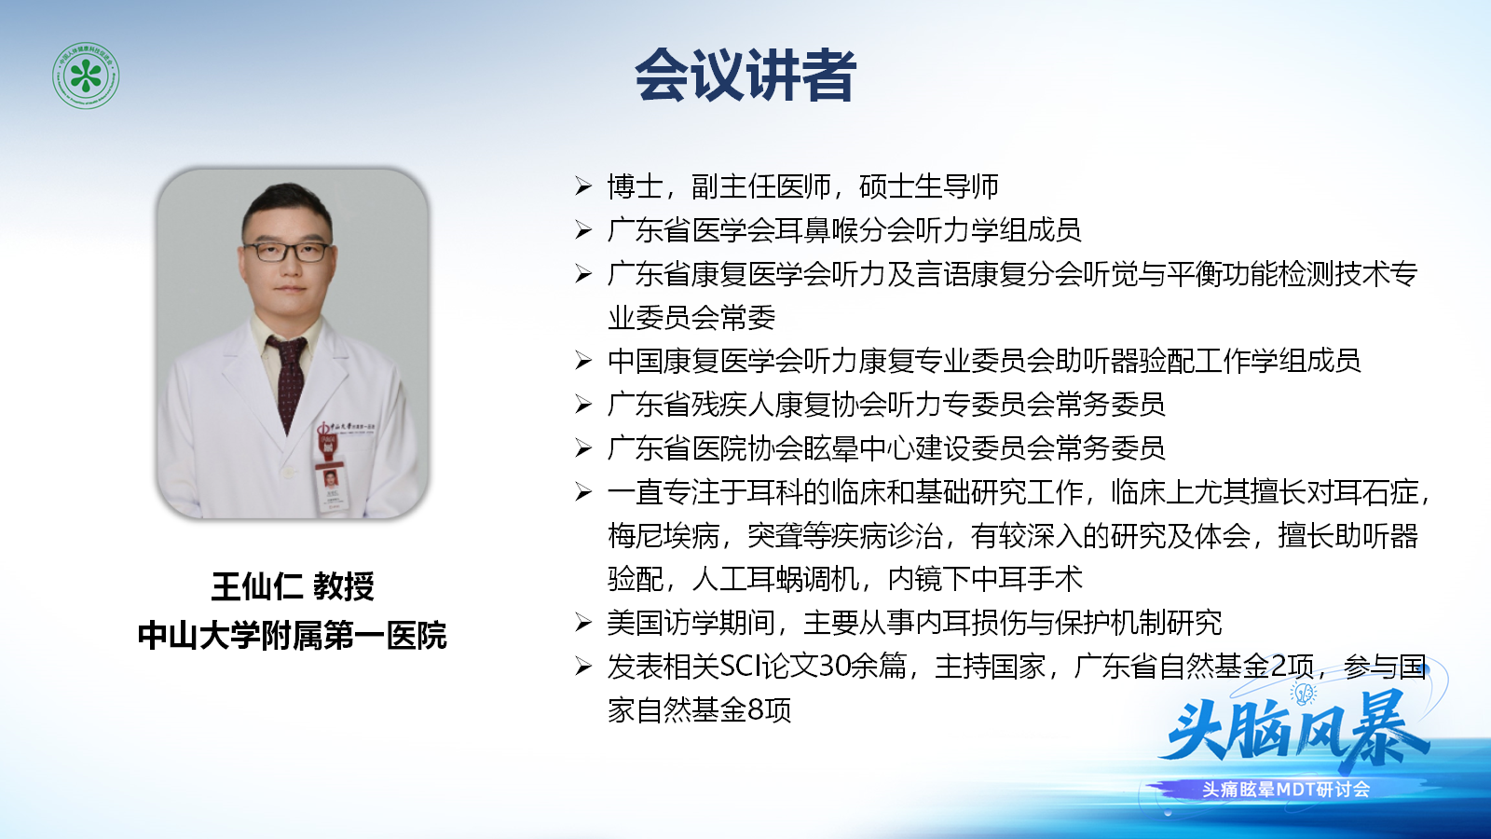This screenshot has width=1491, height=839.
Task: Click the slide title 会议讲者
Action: coord(745,75)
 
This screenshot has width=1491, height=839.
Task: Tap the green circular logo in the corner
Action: coord(86,76)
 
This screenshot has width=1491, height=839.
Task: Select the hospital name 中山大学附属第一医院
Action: coord(293,635)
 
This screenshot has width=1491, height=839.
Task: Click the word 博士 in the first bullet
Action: coord(635,186)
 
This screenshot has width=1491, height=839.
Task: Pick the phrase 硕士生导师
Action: coord(929,186)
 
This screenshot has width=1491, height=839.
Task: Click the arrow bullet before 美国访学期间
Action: coord(583,624)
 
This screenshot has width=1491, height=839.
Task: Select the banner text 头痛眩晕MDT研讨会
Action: coord(1286,790)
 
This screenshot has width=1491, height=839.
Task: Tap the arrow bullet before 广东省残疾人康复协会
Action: coord(583,405)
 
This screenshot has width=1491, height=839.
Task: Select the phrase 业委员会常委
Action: coord(691,318)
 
